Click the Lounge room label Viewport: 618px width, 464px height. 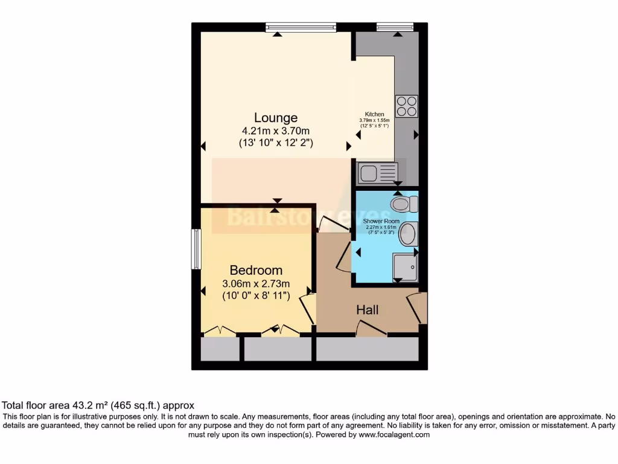tap(275, 118)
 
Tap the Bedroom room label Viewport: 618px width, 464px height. tap(256, 270)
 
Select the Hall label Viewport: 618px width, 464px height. tap(367, 310)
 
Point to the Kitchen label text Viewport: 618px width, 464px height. tap(374, 114)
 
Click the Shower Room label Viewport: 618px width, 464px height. tap(381, 222)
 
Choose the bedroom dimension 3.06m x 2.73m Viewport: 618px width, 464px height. tap(256, 283)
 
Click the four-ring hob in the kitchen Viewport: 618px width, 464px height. tap(406, 106)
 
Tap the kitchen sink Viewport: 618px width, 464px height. tap(377, 173)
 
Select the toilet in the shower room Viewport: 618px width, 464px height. tap(403, 204)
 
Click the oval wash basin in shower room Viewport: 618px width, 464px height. tap(409, 233)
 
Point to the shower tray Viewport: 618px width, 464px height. tap(404, 266)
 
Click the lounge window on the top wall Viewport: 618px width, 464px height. tap(301, 26)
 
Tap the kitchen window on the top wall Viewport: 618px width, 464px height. tap(395, 26)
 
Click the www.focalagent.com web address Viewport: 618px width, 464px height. tap(393, 434)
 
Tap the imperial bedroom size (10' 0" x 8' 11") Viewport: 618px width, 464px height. tap(256, 296)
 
